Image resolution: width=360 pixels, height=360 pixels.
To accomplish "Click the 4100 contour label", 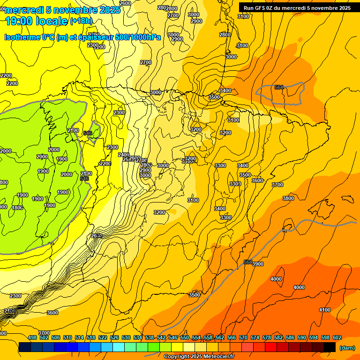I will pyautogui.click(x=325, y=310).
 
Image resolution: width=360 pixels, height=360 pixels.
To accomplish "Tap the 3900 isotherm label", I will pyautogui.click(x=258, y=264).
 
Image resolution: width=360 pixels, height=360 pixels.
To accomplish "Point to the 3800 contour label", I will pyautogui.click(x=288, y=198).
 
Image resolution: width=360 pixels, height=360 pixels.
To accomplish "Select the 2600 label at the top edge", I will pyautogui.click(x=125, y=3).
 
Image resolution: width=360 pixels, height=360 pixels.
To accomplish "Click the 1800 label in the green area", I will pyautogui.click(x=17, y=208).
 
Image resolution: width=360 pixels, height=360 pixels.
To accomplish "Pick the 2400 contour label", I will pyautogui.click(x=124, y=155).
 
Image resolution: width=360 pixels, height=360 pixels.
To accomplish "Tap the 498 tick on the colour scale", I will pyautogui.click(x=32, y=337).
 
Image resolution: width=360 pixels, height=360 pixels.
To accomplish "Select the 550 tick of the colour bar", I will pyautogui.click(x=185, y=337).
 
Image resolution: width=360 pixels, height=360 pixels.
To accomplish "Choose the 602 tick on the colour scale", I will pyautogui.click(x=337, y=337).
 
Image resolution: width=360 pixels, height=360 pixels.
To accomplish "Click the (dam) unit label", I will pyautogui.click(x=347, y=347).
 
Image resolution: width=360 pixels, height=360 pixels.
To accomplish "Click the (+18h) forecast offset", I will pyautogui.click(x=82, y=21).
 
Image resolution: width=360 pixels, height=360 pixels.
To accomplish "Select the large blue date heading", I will pyautogui.click(x=62, y=9).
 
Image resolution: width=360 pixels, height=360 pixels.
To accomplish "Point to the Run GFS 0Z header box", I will pyautogui.click(x=297, y=7).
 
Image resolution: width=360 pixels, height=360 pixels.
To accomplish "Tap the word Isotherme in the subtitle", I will pyautogui.click(x=22, y=37).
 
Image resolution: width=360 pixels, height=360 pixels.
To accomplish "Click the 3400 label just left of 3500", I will pyautogui.click(x=225, y=90).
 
